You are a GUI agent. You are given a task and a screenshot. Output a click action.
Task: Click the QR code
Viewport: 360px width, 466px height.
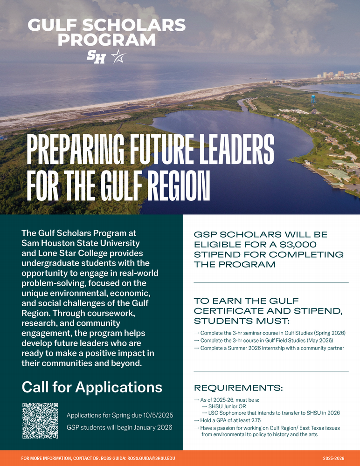point(40,420)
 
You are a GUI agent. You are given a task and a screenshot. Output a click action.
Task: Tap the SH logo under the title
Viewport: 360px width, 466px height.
point(97,57)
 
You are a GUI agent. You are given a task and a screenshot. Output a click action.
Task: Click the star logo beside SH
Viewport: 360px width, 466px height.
point(118,57)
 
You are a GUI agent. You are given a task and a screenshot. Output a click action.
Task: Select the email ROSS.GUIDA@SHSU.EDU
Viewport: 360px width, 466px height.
point(151,459)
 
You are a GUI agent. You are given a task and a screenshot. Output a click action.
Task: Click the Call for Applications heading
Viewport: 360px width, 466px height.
point(92,387)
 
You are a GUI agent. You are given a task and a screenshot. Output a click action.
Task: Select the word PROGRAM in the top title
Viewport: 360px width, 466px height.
point(106,40)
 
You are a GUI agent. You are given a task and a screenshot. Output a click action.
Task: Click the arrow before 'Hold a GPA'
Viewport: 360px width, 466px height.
point(196,420)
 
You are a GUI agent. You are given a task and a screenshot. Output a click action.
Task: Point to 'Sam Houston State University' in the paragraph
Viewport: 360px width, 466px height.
point(81,243)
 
